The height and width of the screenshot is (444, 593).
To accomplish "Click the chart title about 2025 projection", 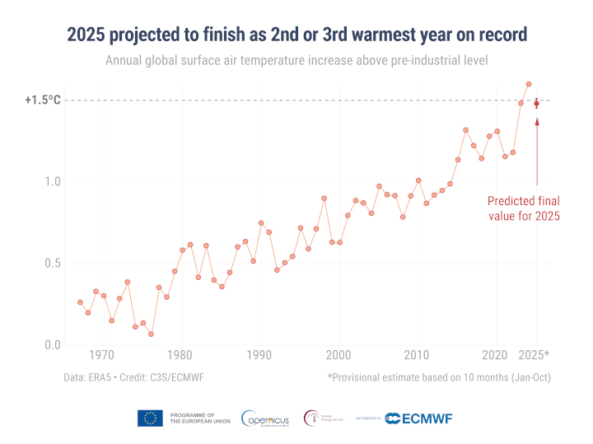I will (296, 35).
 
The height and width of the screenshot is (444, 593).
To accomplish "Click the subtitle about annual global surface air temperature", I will (296, 61).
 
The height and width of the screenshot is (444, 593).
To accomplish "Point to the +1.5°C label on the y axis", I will (43, 100).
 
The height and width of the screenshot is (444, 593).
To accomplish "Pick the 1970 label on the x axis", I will (102, 355).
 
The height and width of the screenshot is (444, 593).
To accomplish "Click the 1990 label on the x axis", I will (261, 355).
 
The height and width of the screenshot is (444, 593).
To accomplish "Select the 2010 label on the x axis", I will (419, 355).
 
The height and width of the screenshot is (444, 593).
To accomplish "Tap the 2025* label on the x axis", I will (535, 355).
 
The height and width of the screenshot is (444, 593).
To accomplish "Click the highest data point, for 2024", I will (529, 84).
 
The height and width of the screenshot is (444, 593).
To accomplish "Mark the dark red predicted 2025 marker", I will (537, 104).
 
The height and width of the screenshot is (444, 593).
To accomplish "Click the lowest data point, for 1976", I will (151, 334).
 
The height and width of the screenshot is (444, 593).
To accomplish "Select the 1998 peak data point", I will (325, 199).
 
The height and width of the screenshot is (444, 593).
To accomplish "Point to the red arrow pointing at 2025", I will (537, 152).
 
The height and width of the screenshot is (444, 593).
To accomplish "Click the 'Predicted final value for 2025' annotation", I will (524, 208).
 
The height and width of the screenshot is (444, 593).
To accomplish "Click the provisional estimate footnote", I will (438, 378).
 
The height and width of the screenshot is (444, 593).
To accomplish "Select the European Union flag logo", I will (150, 418).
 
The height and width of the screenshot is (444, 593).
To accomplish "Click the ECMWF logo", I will (419, 418).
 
